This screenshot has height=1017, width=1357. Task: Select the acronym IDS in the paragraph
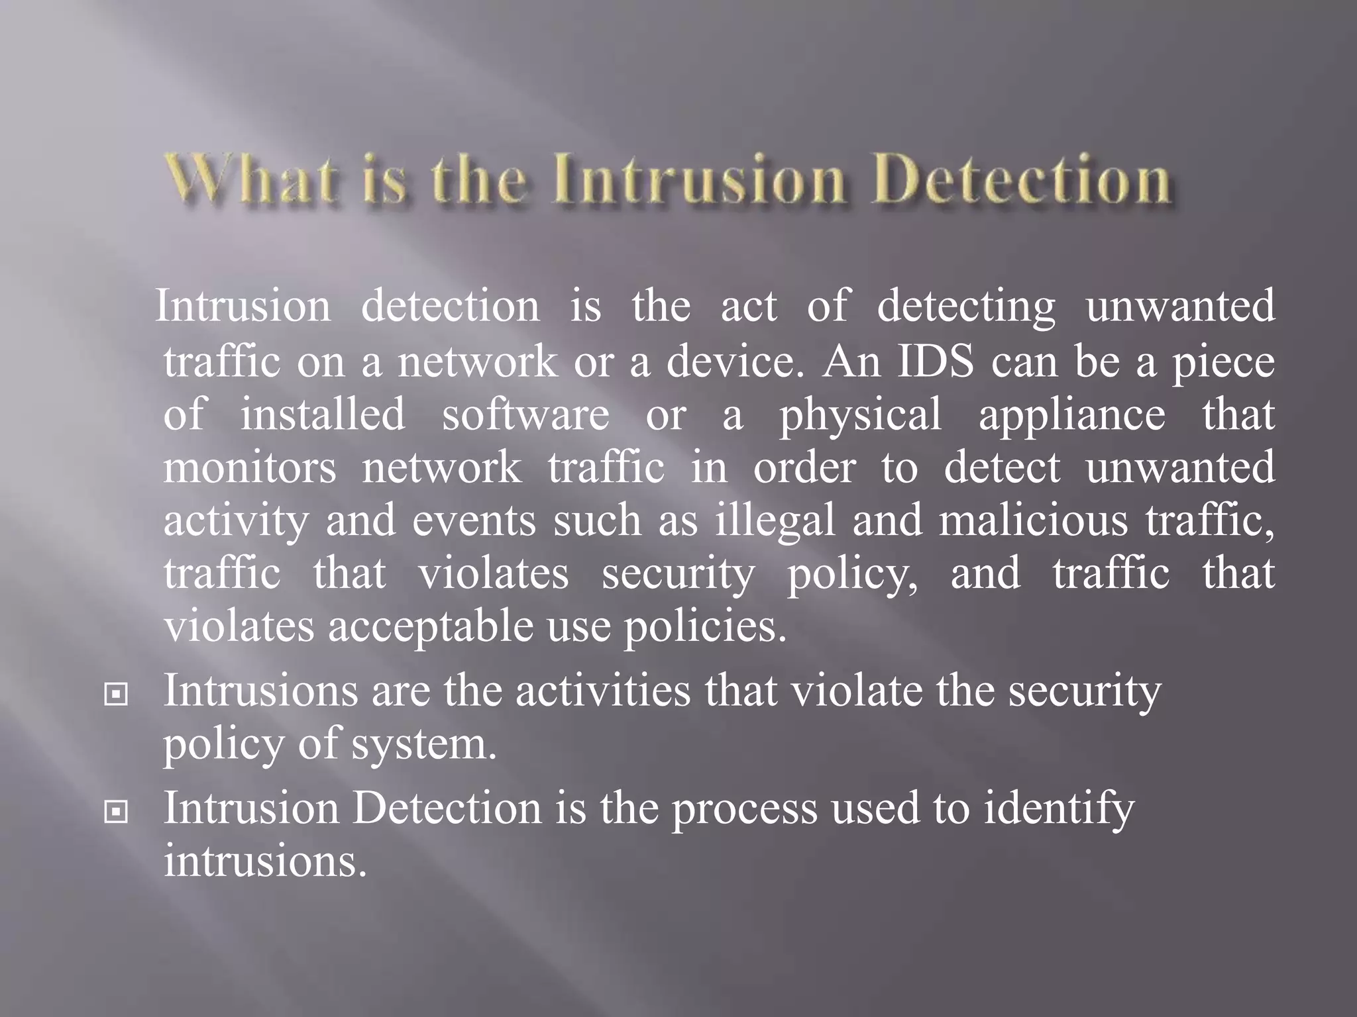[936, 362]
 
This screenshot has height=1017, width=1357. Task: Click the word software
[525, 415]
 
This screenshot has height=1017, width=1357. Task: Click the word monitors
[250, 467]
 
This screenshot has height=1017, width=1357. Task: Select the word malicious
[1033, 520]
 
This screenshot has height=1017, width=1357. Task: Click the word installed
[323, 414]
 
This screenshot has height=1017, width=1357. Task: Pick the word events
[474, 522]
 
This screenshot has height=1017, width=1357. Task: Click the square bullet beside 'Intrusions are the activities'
[117, 695]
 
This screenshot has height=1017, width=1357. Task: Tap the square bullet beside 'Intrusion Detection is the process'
[117, 812]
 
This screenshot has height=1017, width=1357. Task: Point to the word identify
[1058, 810]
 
